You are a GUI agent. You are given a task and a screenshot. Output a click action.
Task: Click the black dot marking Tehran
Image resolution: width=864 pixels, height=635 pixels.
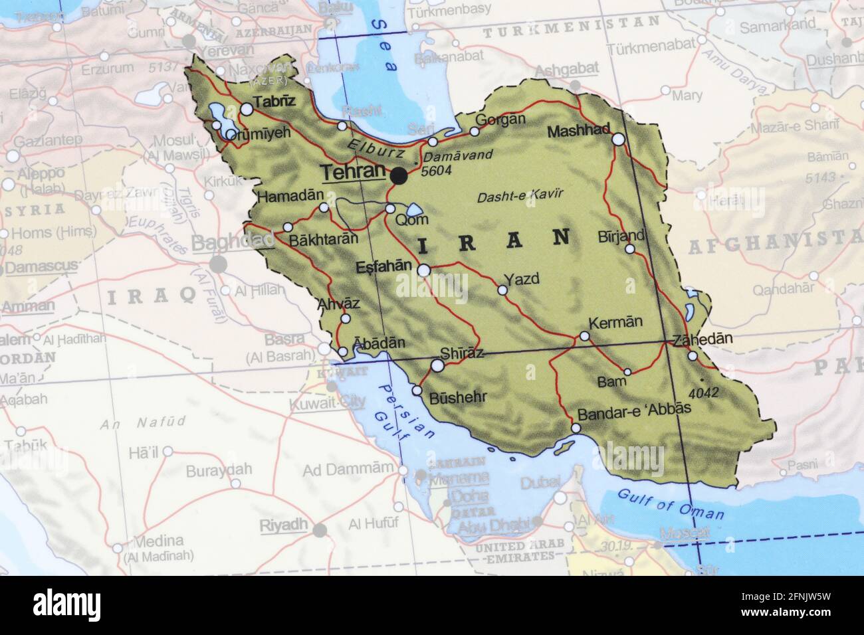pos(399,176)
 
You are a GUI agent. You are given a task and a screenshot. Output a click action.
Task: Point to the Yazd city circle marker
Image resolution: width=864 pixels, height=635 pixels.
pos(502,290)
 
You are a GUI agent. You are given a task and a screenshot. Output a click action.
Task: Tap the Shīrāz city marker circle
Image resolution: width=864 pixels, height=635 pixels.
pos(438,365)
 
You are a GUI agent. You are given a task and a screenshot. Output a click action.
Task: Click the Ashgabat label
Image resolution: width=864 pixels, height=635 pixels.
pos(566,68)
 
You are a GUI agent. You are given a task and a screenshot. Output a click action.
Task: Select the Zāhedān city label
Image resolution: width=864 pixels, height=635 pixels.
pos(702,339)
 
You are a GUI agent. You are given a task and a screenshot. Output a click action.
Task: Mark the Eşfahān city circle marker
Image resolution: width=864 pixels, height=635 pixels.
pos(423,270)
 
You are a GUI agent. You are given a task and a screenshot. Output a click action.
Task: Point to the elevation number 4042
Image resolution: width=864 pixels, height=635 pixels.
pos(704,392)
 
